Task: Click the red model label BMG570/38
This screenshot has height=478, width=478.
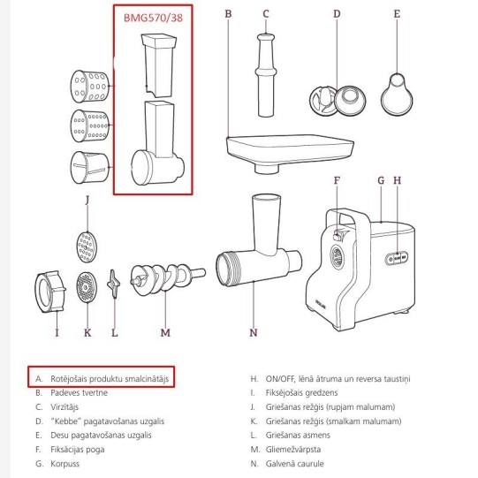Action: pos(153,18)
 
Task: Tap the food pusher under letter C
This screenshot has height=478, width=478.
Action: pos(266,75)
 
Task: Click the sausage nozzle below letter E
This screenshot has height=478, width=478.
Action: pos(397,95)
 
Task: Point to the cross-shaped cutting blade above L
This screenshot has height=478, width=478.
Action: pos(113,284)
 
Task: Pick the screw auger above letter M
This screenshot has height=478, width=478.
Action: pos(167,279)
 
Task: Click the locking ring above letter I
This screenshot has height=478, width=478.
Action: pos(50,292)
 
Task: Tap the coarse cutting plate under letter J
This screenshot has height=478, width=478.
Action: pos(87,247)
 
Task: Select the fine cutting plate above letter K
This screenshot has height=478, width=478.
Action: pos(87,287)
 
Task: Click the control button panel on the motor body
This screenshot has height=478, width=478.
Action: pos(397,258)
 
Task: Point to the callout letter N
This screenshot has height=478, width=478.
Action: pos(254,332)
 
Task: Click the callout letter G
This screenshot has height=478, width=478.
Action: pos(381,180)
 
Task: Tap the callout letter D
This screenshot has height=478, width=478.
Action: pos(337,14)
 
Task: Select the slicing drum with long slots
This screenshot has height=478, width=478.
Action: pos(89,167)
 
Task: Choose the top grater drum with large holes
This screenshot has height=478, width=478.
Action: pos(89,87)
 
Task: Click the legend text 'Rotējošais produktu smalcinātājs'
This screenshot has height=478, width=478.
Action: pos(110,379)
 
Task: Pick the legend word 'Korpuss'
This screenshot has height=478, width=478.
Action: pos(64,464)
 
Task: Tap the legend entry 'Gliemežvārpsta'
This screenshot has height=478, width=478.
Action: pos(293,450)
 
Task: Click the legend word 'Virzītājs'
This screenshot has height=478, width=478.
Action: pos(64,407)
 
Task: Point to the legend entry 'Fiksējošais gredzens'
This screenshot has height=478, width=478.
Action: pos(301,392)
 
